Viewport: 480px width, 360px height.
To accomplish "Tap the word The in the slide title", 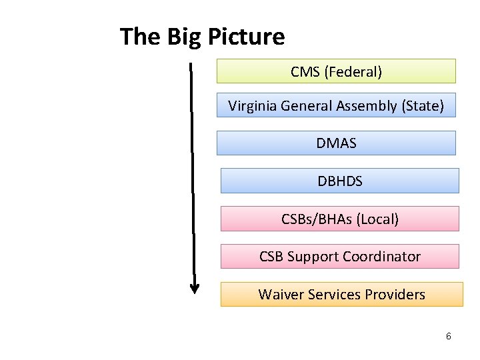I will point(140,37).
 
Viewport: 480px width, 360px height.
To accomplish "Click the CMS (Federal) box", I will point(336,71).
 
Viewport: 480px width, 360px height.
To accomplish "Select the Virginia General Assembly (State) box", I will point(336,105).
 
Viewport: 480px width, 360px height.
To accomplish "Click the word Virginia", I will point(253,105).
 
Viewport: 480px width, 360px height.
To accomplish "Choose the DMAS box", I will point(336,143).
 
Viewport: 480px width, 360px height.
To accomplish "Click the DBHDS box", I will point(339,181).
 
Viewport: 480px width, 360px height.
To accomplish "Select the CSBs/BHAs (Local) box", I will point(339,219).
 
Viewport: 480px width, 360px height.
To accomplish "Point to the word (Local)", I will point(377,219).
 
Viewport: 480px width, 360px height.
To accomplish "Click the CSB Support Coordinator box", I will point(339,257).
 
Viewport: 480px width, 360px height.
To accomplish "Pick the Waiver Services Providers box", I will point(341,294).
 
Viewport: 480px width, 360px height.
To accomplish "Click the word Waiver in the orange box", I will point(281,294).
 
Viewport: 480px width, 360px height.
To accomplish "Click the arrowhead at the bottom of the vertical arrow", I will point(195,289).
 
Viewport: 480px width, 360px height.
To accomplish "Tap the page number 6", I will point(449,336).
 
